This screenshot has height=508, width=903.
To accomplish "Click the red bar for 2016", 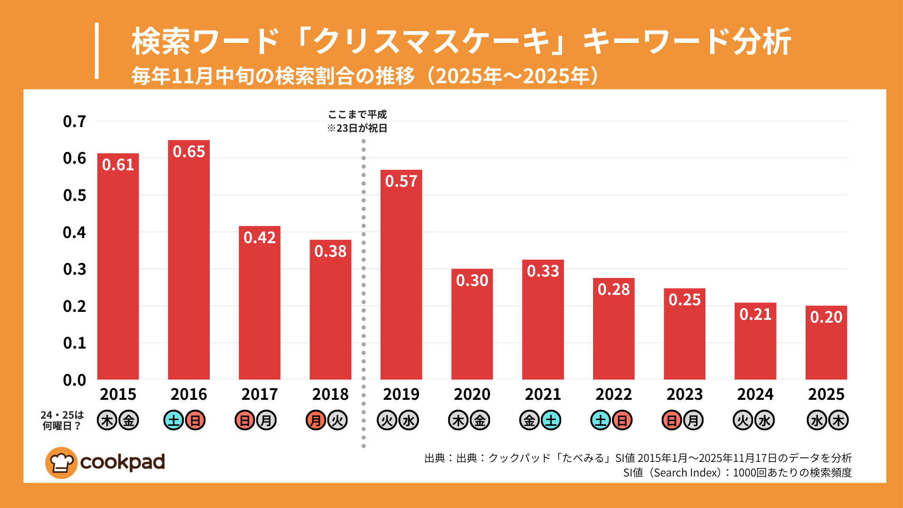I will click(x=189, y=263).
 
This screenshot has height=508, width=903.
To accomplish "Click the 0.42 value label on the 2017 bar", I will click(x=260, y=238).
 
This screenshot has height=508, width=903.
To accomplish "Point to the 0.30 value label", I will click(x=472, y=280).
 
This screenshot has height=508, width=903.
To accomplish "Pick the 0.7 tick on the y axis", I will click(x=74, y=121).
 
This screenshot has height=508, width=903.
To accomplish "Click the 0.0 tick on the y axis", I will click(x=74, y=380).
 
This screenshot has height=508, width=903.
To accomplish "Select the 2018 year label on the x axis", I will click(x=330, y=394).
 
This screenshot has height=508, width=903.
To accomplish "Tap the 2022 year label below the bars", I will click(x=614, y=394).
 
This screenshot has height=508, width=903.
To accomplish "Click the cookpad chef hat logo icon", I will click(x=61, y=463).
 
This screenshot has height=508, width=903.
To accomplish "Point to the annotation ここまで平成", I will click(x=357, y=114).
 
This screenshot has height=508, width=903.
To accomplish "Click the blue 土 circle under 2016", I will click(x=174, y=421).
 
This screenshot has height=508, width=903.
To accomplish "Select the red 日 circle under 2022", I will click(x=622, y=421).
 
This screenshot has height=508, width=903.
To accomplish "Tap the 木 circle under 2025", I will click(x=839, y=421).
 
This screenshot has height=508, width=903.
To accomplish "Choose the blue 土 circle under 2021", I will click(x=551, y=421).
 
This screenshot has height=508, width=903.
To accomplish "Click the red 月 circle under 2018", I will click(x=316, y=421).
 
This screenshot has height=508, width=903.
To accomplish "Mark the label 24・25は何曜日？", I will click(x=62, y=421).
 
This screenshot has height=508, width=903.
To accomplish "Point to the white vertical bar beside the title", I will click(x=97, y=51).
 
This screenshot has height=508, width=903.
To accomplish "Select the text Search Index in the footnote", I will click(x=687, y=473).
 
